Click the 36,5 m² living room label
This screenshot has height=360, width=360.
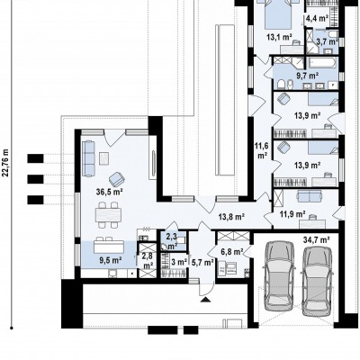(x=110, y=192)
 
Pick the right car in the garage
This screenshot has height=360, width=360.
(x=317, y=282)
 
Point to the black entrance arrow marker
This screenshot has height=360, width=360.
(x=206, y=300)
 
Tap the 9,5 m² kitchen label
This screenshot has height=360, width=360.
(x=110, y=260)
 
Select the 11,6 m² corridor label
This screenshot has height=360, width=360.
(x=261, y=151)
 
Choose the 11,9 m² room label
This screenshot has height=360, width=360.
(x=293, y=214)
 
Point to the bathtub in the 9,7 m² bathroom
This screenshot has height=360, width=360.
(x=323, y=63)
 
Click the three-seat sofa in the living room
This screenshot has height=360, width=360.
(x=88, y=158)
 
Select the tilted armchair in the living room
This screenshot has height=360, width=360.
(x=117, y=179)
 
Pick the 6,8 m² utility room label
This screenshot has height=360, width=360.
(x=232, y=252)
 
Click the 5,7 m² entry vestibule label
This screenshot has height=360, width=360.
(x=202, y=263)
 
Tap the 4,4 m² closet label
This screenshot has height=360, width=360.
(x=317, y=19)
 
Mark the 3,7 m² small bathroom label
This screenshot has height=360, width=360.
(x=326, y=41)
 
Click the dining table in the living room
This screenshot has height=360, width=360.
(x=108, y=215)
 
